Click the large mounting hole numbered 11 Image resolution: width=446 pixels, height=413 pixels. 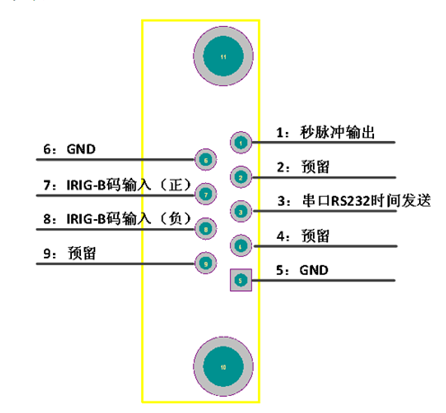tap(223, 57)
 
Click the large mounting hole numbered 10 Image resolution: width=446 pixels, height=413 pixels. tap(223, 366)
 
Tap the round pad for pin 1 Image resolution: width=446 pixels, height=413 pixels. tap(241, 143)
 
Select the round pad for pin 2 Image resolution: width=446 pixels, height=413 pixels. tap(241, 177)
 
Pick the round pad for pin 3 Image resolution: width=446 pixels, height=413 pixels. tap(241, 212)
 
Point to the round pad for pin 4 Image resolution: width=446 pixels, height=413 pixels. tap(241, 246)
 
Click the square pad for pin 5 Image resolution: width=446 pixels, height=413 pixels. tap(241, 280)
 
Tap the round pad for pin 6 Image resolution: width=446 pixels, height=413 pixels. tap(206, 160)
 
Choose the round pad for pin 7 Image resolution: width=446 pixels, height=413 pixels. tap(206, 195)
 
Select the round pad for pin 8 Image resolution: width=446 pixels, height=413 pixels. tap(206, 229)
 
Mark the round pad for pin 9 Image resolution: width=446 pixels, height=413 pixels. tap(206, 263)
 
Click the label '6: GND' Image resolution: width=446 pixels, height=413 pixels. tap(69, 149)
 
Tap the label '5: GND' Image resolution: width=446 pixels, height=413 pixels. tap(302, 270)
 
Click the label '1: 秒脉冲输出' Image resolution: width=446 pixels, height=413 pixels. tap(326, 132)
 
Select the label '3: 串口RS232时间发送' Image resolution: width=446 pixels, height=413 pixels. tap(354, 200)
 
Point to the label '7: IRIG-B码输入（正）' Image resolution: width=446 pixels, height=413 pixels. tap(117, 185)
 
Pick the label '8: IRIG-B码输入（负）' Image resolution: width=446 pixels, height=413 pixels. tap(117, 219)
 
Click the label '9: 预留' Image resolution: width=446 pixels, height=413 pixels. tap(69, 253)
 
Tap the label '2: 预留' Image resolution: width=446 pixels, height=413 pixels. tap(303, 167)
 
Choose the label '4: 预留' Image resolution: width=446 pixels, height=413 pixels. tap(303, 236)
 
